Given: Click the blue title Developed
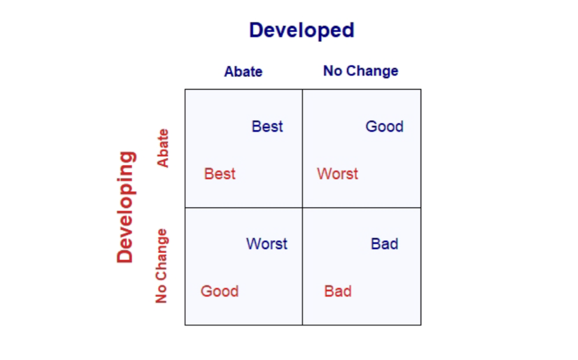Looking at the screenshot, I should click(x=302, y=30).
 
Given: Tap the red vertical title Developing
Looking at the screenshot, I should click(x=126, y=207).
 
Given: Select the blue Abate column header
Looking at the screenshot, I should click(x=243, y=71).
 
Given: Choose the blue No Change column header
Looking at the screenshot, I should click(x=360, y=71).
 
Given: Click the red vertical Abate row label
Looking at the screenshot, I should click(x=162, y=148).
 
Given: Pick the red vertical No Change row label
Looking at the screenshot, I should click(x=161, y=266).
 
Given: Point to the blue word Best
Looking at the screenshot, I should click(x=267, y=127).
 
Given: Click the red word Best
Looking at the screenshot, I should click(x=220, y=174).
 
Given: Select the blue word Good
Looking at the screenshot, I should click(x=384, y=127).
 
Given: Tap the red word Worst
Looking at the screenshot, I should click(x=338, y=174).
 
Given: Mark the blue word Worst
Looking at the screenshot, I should click(x=267, y=244).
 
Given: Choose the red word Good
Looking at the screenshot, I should click(x=219, y=291).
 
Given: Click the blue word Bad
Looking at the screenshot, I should click(x=384, y=244).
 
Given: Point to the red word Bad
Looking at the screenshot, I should click(x=338, y=291).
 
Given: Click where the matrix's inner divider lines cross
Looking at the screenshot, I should click(x=302, y=208).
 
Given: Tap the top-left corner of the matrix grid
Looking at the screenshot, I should click(x=185, y=89).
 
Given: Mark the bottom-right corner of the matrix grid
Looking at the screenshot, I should click(x=421, y=325).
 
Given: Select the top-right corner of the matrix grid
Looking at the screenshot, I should click(x=421, y=89).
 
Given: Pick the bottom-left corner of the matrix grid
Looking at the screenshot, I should click(x=185, y=325).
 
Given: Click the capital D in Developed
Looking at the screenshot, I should click(x=256, y=30).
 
